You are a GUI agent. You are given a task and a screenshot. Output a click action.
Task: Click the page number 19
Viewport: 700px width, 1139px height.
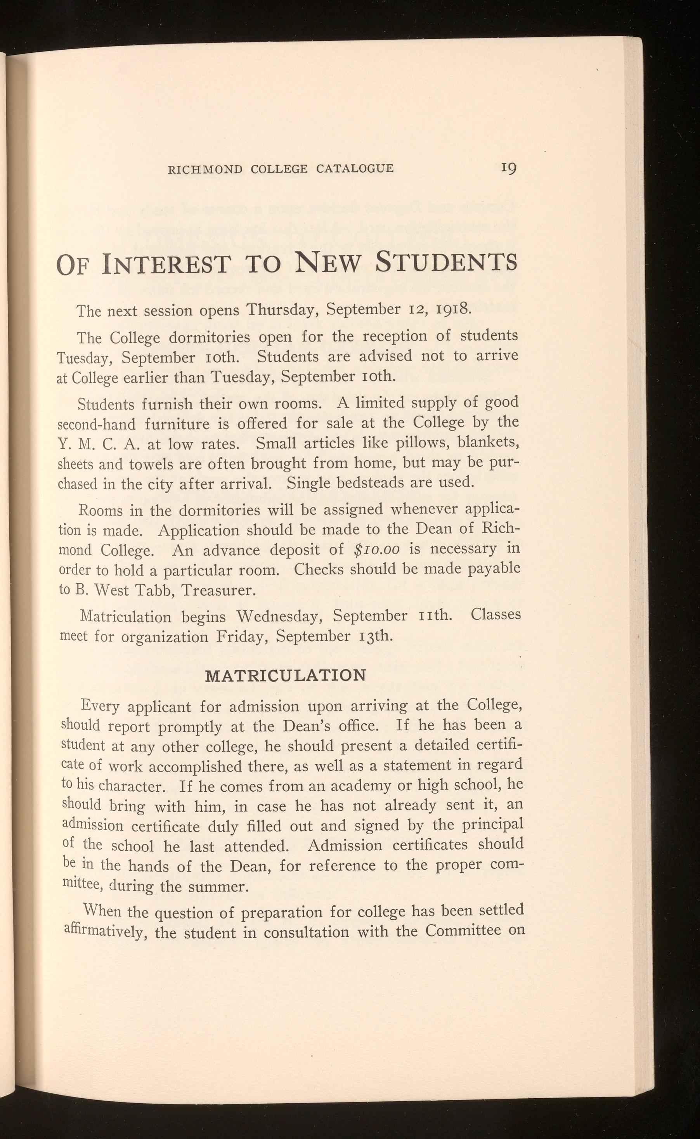tap(508, 168)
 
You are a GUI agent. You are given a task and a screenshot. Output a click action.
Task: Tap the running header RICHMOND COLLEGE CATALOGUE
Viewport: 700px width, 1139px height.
tap(281, 169)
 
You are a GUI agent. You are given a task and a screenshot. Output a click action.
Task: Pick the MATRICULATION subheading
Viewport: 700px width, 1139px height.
tap(285, 675)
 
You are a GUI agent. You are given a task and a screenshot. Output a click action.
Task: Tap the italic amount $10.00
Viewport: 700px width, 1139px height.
tap(376, 549)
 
